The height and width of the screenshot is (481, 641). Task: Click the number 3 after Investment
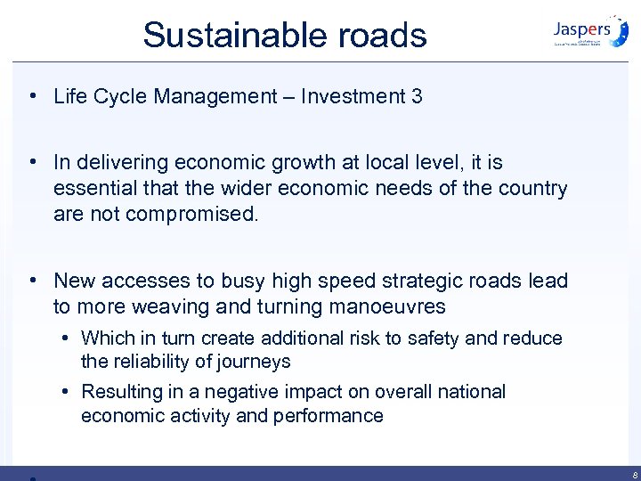[417, 96]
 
